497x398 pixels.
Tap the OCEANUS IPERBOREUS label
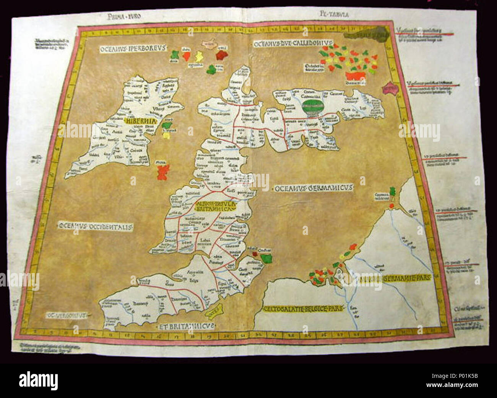(x=132, y=49)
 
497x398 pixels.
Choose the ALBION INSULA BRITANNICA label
(x=216, y=207)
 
